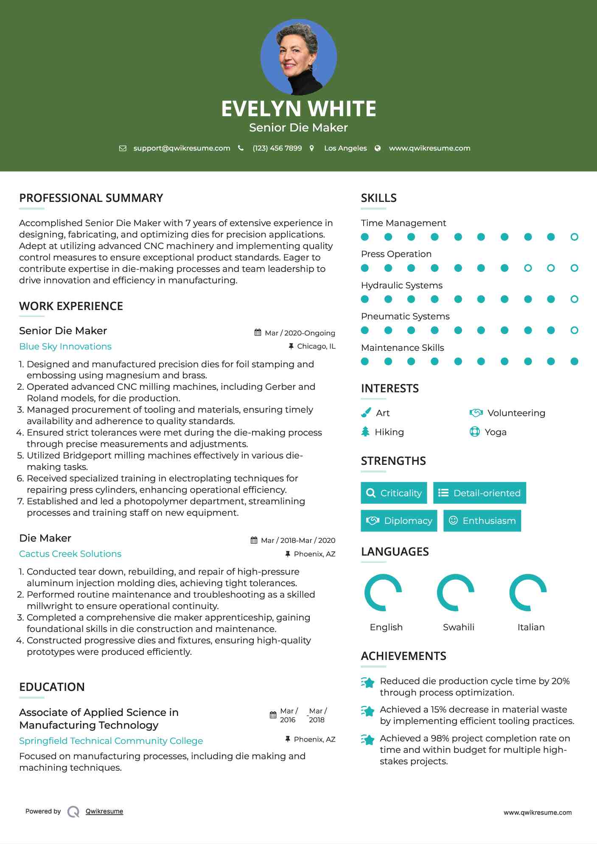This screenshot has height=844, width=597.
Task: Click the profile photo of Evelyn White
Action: [x=298, y=57]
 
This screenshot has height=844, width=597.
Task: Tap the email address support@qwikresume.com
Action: [x=182, y=148]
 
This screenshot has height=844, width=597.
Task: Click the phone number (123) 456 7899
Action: [x=277, y=148]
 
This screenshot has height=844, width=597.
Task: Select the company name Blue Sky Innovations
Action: [x=65, y=347]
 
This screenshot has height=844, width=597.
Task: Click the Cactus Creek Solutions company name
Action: [x=70, y=554]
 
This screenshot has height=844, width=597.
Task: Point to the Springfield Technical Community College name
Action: [x=111, y=741]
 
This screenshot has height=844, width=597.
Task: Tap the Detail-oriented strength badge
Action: [x=479, y=493]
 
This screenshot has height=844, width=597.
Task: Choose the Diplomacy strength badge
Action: [x=399, y=521]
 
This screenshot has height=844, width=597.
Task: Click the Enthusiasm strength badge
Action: [x=482, y=521]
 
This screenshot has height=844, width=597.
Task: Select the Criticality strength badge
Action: [x=394, y=493]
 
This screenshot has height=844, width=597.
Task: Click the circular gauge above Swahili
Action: [x=456, y=592]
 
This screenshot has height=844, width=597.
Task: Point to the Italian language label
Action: [x=531, y=627]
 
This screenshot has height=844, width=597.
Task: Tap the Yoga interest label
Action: [x=495, y=432]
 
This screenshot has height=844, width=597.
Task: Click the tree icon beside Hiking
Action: [x=365, y=432]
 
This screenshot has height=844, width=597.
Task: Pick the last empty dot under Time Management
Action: [x=574, y=237]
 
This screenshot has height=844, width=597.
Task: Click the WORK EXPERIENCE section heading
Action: [x=71, y=306]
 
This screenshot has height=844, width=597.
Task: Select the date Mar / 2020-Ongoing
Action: [x=300, y=333]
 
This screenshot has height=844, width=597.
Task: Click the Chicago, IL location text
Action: [x=316, y=347]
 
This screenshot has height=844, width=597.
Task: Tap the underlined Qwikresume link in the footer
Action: [x=104, y=811]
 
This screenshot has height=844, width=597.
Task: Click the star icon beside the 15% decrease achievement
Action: [x=368, y=711]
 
